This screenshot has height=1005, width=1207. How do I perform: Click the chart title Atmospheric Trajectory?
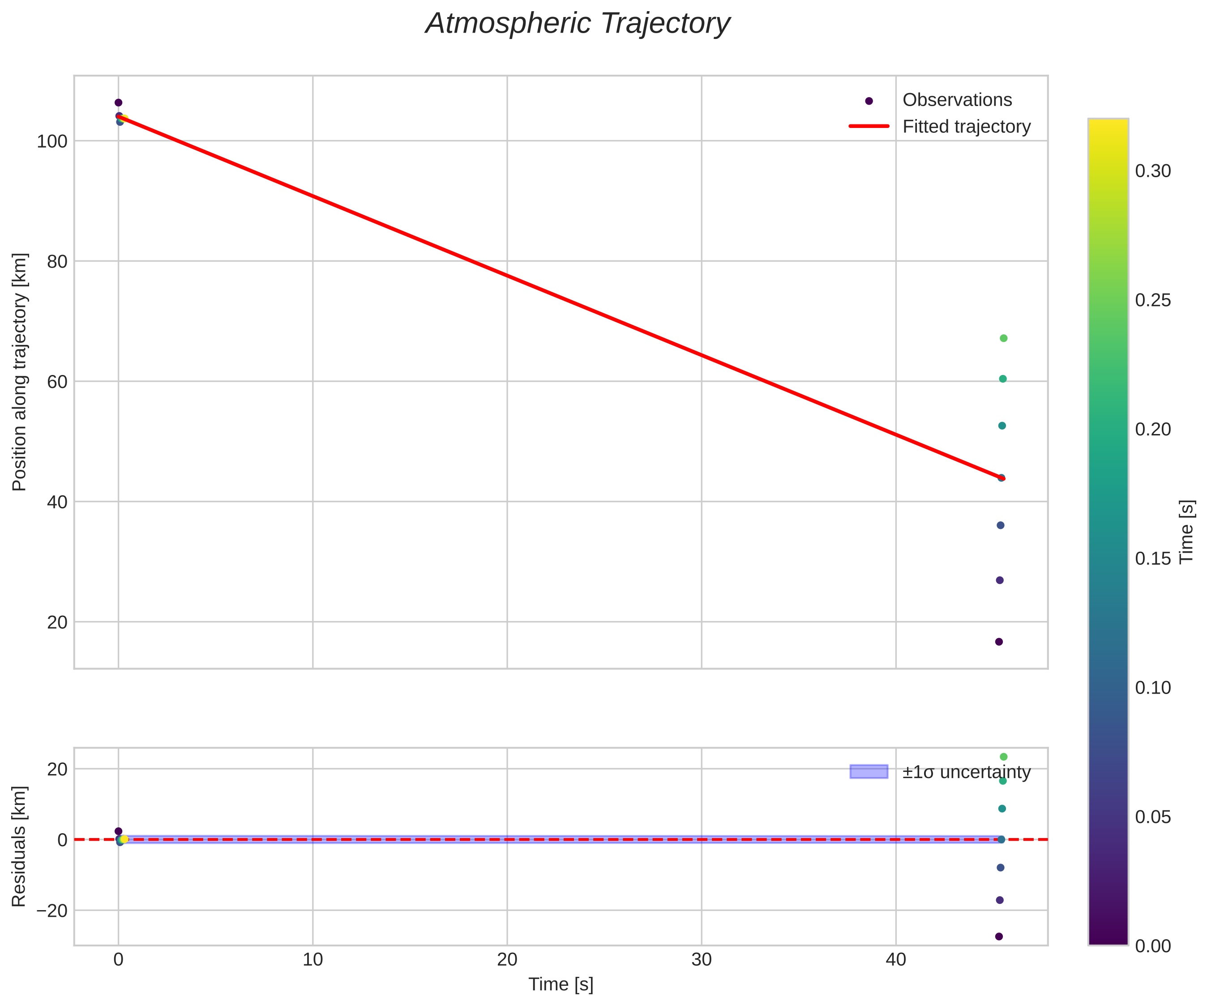pyautogui.click(x=577, y=24)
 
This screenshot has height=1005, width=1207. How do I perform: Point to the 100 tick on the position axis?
pyautogui.click(x=52, y=141)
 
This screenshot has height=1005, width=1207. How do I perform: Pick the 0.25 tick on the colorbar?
pyautogui.click(x=1153, y=301)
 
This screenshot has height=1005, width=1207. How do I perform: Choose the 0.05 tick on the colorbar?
pyautogui.click(x=1153, y=817)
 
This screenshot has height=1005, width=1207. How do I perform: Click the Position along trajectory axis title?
pyautogui.click(x=20, y=372)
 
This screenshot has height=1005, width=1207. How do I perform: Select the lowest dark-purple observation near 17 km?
pyautogui.click(x=999, y=642)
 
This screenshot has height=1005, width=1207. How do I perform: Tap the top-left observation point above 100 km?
pyautogui.click(x=118, y=103)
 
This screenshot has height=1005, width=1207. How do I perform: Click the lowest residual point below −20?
pyautogui.click(x=999, y=937)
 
